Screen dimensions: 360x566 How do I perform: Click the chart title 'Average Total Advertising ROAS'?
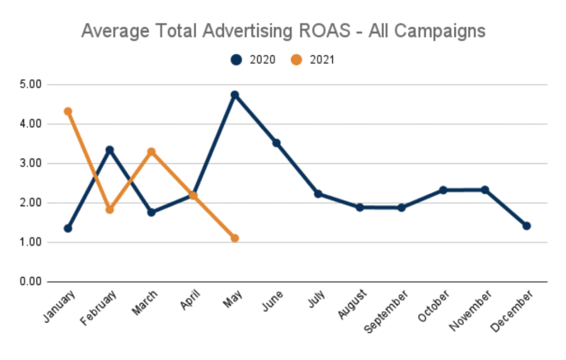(283, 30)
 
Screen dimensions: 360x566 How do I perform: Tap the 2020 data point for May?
(234, 95)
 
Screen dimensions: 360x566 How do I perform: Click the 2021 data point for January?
(68, 111)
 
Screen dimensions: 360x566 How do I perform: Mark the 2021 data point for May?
(234, 238)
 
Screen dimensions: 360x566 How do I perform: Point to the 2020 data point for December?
(526, 226)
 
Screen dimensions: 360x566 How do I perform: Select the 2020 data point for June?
(276, 143)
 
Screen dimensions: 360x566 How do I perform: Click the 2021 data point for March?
(151, 152)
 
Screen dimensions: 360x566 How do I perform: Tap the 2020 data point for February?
(109, 149)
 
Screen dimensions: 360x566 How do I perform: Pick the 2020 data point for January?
(68, 228)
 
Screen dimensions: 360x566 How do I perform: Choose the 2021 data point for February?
(109, 210)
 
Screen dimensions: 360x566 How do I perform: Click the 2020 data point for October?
(443, 190)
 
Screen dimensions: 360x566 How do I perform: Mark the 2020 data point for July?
(318, 194)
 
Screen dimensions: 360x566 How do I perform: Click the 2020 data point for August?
(359, 207)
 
